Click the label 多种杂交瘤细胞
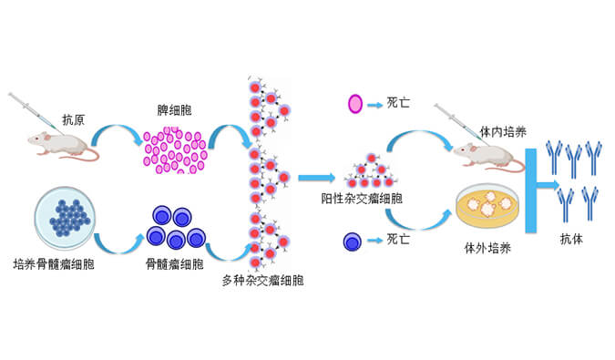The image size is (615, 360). click(263, 281)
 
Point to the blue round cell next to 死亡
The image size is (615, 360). click(353, 241)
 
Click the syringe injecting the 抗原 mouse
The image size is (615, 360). click(31, 110)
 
